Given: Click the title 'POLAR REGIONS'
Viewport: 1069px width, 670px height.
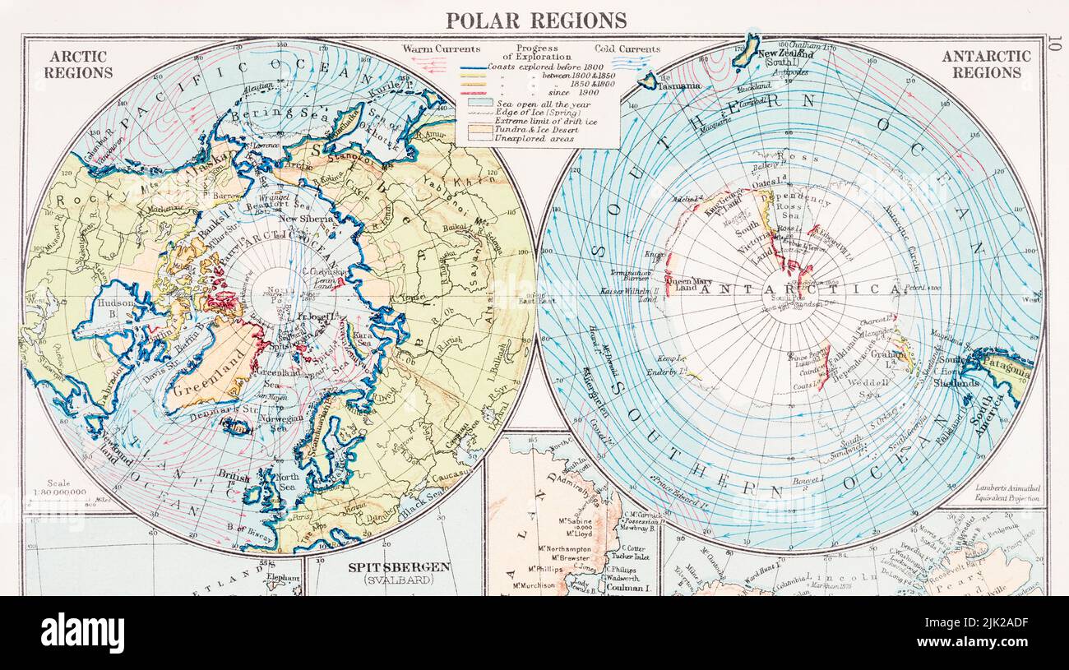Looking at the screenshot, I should [535, 20].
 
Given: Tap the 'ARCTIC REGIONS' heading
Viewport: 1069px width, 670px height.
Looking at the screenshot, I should [78, 64].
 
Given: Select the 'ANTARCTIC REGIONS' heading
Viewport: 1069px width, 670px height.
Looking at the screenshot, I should [986, 64].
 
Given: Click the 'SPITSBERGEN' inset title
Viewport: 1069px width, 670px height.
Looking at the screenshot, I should [398, 567].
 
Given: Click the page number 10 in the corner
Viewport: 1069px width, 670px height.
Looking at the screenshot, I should [1055, 43].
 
